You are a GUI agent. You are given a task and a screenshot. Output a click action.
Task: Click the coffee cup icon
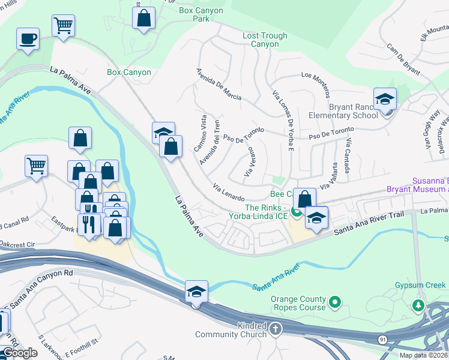[28, 40]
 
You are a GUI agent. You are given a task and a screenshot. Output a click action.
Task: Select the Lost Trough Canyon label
[265, 40]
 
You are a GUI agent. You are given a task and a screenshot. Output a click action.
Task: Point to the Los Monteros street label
[316, 85]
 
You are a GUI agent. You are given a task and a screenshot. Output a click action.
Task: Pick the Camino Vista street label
[200, 133]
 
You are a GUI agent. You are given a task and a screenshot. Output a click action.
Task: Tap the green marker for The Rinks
[296, 211]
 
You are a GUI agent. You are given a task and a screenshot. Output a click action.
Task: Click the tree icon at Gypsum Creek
[418, 305]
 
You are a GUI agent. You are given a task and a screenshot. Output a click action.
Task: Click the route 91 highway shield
[382, 340]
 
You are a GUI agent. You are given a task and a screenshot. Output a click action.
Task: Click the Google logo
[20, 353]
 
